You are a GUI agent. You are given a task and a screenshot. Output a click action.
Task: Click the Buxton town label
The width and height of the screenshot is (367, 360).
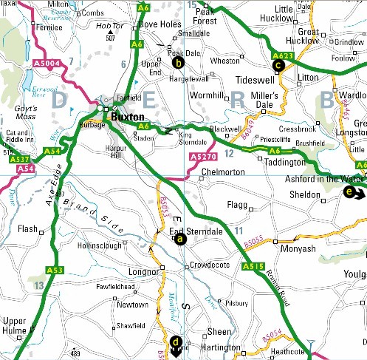click(127, 117)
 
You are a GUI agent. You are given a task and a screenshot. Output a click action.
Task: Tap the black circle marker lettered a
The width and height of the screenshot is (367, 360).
click(181, 239)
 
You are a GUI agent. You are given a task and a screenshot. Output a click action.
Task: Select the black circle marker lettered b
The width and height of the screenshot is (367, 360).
click(178, 64)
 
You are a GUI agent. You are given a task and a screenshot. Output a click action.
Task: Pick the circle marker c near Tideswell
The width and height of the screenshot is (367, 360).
click(278, 65)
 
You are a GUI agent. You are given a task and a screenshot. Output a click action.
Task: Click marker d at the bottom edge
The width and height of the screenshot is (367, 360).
click(176, 342)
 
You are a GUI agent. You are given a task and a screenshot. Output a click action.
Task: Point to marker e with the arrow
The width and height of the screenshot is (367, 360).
click(350, 194)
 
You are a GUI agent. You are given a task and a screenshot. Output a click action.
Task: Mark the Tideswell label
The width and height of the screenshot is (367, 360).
click(250, 80)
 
